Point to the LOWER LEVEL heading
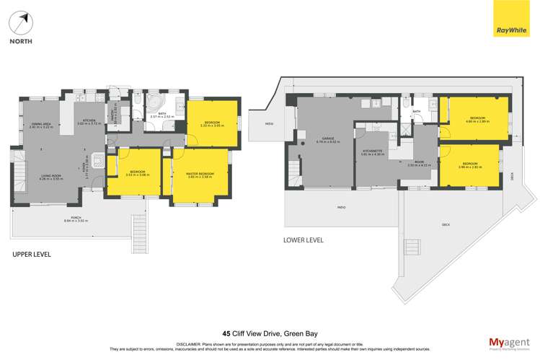303,240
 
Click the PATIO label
341,208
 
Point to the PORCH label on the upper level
76,219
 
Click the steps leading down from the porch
139,229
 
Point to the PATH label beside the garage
269,124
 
